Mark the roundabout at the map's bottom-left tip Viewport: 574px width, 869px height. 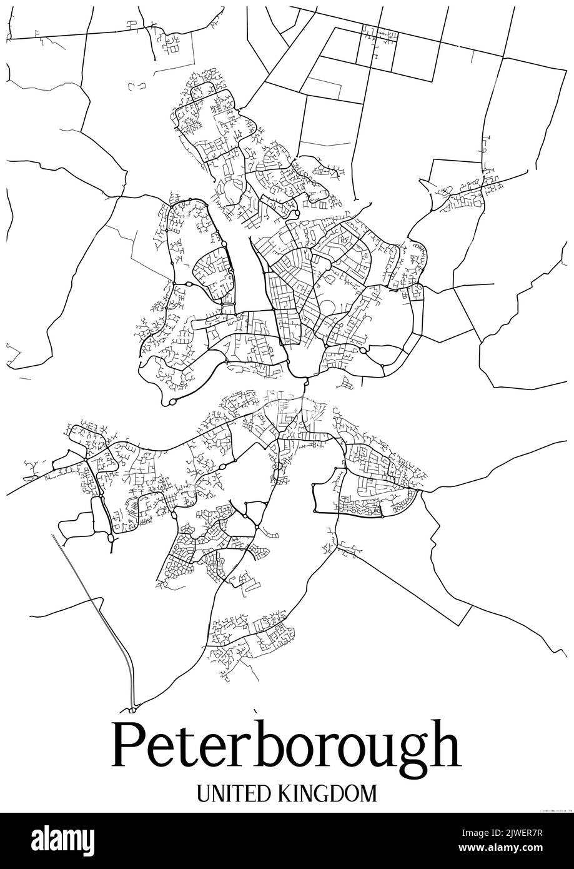coord(133,709)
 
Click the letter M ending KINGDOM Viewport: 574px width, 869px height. coord(369,793)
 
